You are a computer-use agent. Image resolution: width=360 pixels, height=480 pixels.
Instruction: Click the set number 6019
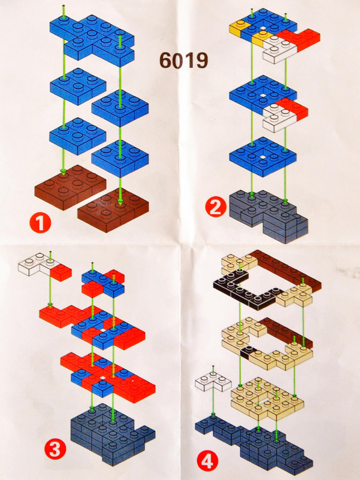[x=184, y=60]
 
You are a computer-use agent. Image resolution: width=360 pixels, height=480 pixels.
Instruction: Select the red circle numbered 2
[x=216, y=208]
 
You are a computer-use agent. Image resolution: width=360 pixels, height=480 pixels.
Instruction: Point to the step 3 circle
[x=55, y=450]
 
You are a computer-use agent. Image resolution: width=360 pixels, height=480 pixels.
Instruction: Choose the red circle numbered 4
[x=208, y=461]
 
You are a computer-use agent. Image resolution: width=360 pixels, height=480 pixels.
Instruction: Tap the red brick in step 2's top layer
[x=301, y=39]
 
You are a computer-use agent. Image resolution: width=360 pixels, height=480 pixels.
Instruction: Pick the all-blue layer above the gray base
[x=262, y=157]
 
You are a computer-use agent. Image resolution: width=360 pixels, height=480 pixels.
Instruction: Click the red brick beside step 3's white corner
[x=60, y=272]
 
